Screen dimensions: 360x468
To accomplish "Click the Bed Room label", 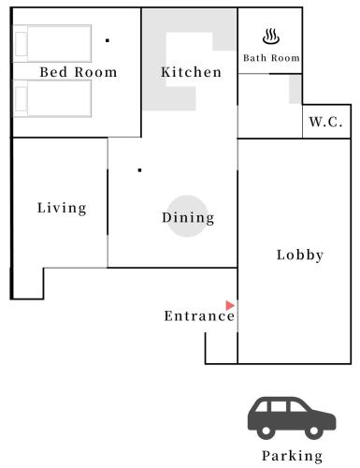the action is point(79,72).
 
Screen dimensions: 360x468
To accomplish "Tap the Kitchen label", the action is point(191,72).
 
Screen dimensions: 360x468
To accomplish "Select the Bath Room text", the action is point(271,58).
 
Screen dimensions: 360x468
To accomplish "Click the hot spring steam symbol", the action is point(271,37).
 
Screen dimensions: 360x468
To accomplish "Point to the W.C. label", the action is point(325,122).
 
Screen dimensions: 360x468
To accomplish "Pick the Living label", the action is point(62,208).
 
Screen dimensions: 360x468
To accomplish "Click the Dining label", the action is point(188,218).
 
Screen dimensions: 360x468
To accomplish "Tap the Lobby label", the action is point(300,255).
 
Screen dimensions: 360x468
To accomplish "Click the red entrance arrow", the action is point(230,305).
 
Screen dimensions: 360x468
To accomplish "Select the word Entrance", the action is point(199,316).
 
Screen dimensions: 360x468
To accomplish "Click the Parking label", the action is point(292,456).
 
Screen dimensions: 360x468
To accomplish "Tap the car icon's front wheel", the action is point(313,431).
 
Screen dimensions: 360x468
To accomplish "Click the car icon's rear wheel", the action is point(266,431).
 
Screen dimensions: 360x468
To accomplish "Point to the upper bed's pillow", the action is point(21,44).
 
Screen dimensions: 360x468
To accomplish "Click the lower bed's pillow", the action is point(21,98).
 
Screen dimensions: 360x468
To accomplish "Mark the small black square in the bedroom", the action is point(108,40).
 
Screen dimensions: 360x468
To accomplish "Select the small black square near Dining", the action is point(139,170).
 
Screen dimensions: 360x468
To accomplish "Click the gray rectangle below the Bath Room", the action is point(295,89).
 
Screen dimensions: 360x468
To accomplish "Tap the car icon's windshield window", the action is point(298,406).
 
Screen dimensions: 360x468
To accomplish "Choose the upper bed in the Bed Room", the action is point(52,44).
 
